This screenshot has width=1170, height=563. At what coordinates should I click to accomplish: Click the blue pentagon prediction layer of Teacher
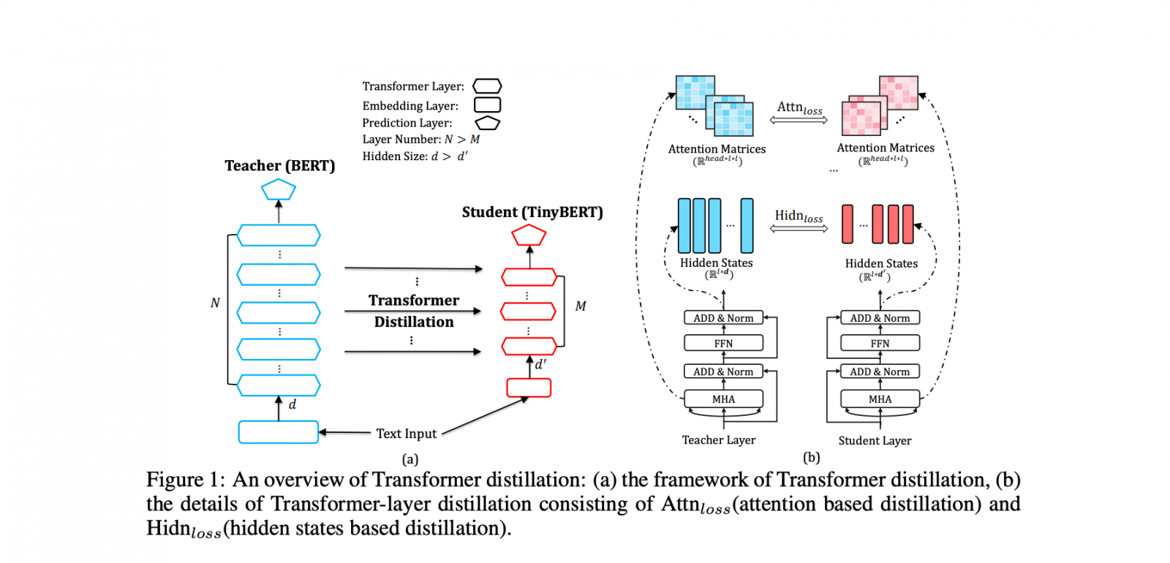click(x=279, y=190)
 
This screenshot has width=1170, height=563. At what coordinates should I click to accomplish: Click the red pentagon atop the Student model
click(x=529, y=235)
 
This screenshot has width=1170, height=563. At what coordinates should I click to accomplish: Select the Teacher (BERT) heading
click(x=279, y=166)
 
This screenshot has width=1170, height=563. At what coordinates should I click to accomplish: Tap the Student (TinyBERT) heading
click(x=532, y=213)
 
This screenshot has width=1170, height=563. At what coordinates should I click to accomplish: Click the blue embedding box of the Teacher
click(x=279, y=432)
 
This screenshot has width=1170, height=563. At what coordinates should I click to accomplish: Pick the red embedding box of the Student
click(x=529, y=388)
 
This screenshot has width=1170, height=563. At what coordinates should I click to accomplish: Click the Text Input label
click(x=406, y=434)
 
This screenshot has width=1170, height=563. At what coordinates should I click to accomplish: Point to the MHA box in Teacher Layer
click(x=723, y=399)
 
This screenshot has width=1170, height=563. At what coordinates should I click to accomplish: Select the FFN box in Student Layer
click(x=880, y=344)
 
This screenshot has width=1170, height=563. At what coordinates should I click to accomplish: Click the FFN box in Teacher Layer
click(x=723, y=344)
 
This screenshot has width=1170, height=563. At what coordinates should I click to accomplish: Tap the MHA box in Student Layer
click(x=880, y=399)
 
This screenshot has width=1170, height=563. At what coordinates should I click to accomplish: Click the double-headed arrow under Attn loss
click(x=799, y=120)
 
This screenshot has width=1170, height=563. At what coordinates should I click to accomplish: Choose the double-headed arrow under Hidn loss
click(x=799, y=229)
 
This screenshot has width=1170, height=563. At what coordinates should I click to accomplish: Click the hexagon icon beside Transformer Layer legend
click(x=487, y=86)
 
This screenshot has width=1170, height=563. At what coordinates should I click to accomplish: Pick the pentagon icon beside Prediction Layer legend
click(x=487, y=123)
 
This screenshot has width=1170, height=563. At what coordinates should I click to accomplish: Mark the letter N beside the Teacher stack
click(x=215, y=303)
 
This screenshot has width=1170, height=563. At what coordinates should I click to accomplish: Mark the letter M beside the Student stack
click(x=580, y=306)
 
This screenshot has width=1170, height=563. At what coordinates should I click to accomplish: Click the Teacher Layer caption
click(x=718, y=440)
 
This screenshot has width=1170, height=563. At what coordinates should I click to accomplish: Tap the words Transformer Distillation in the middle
click(x=414, y=311)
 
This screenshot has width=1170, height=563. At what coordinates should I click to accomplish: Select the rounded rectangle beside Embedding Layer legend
click(x=487, y=105)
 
